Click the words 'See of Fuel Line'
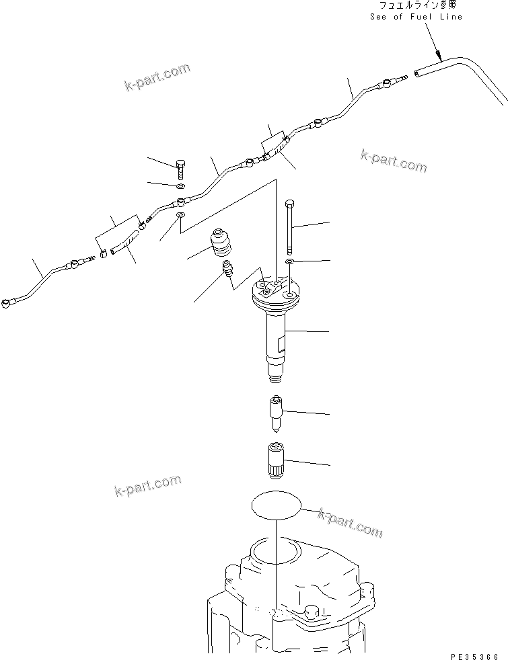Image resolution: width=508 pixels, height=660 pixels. click(x=416, y=17)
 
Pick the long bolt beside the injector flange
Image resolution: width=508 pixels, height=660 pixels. click(x=289, y=224)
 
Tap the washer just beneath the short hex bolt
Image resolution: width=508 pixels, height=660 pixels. click(x=181, y=186)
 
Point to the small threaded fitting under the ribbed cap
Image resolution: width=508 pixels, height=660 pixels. click(x=227, y=270)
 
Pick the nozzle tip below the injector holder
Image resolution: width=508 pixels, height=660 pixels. click(x=276, y=411)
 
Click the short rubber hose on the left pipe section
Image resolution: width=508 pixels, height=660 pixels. click(x=126, y=242)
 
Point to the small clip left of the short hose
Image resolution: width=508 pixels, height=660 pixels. click(x=104, y=254)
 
